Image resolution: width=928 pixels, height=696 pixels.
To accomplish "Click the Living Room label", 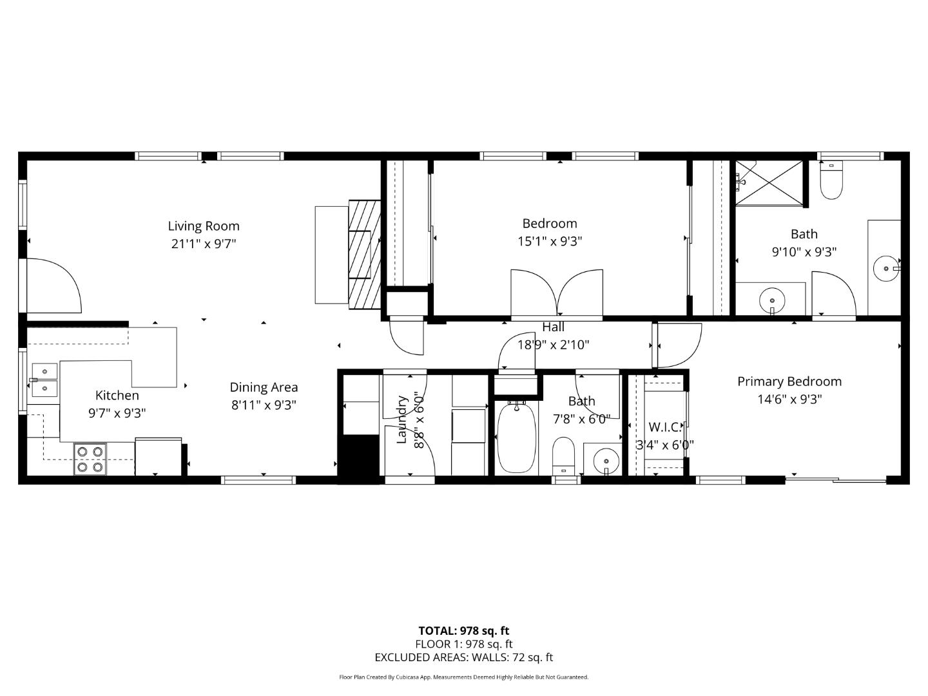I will (204, 226).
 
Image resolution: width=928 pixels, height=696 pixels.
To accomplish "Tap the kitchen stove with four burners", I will (90, 459).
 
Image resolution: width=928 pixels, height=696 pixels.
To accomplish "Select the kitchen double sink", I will (44, 380).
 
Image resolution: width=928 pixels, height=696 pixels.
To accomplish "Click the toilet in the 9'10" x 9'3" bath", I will (831, 181).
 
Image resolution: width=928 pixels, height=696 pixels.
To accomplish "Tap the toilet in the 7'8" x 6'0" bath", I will (564, 454).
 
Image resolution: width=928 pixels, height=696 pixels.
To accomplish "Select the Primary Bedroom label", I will (789, 382).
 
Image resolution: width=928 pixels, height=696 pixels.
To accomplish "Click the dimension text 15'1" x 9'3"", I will (550, 242).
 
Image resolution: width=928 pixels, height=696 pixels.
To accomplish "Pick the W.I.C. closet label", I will (664, 427).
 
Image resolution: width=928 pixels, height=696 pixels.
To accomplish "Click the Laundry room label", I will (401, 420).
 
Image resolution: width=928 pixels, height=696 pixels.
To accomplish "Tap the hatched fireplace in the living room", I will (365, 254).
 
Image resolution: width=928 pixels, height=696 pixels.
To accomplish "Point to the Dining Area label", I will (264, 387).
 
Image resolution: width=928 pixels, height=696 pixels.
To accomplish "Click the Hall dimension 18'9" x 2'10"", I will (553, 345).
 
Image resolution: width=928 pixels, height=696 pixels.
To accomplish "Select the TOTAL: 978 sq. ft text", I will (463, 631).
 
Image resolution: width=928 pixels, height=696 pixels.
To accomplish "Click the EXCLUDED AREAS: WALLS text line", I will (463, 657).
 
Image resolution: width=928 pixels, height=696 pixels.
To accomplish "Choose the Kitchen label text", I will (117, 396).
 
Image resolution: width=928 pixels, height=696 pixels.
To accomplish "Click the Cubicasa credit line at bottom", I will (463, 677).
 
